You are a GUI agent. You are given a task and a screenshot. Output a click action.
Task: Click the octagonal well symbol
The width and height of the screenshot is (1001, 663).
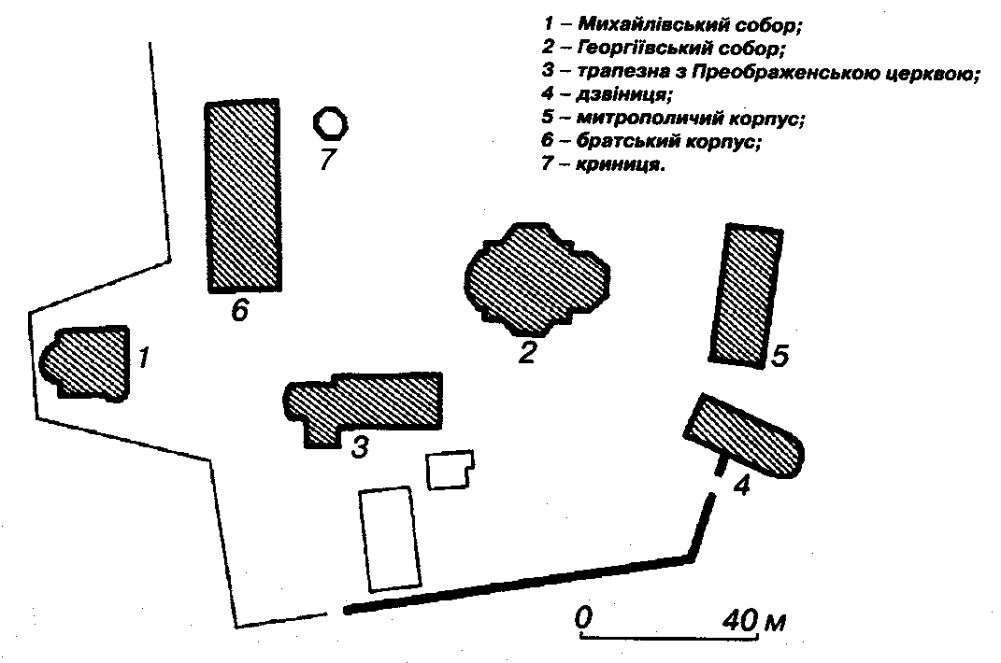coord(330,122)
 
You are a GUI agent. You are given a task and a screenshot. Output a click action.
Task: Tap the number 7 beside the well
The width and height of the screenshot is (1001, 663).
coord(325,161)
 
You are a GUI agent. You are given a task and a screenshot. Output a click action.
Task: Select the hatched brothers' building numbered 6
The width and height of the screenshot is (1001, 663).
coord(243,197)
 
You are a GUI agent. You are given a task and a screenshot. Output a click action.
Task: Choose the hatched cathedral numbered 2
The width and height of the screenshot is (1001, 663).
coord(536,278)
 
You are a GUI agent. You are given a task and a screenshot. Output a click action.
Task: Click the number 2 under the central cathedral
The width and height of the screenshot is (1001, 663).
coord(528,353)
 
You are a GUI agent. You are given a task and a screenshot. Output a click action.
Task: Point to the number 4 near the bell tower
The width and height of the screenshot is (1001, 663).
coord(740,486)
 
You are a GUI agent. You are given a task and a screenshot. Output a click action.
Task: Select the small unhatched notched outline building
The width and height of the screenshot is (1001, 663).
coord(449,469)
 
